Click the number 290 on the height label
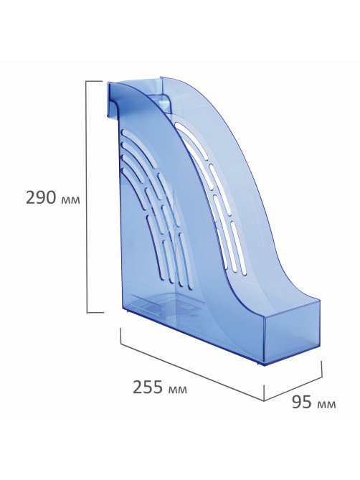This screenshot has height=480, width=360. [x=41, y=197]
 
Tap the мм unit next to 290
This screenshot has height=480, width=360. [x=71, y=200]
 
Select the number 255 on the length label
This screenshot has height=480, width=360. [x=148, y=387]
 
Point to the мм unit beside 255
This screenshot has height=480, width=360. [x=177, y=390]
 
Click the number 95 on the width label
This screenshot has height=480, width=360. [x=302, y=402]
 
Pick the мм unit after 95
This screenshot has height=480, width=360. [x=327, y=405]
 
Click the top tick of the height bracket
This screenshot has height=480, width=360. [x=94, y=81]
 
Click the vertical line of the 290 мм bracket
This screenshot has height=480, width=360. [x=87, y=197]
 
